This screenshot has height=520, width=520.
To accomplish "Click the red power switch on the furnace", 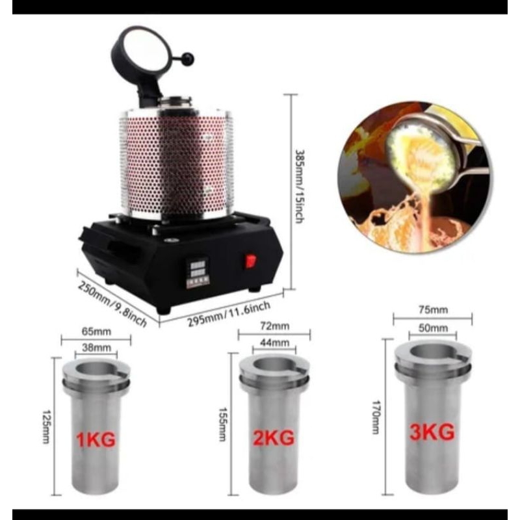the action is pos(251,261).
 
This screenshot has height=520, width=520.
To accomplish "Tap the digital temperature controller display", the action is pos(198,273).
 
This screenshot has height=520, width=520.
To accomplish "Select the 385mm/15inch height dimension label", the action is pos(300,187).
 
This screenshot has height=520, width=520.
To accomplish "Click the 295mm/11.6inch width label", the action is pos(229,314).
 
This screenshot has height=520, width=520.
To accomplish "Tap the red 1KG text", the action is pos(96,439).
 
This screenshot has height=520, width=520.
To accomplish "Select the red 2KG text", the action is pos(274,437).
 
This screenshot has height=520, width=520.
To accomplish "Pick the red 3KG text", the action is pos(432,432).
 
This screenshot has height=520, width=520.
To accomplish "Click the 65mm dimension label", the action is pos(96,331).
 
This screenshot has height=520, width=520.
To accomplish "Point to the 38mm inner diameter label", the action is pos(96,348).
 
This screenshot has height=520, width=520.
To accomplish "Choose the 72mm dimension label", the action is pos(274,326).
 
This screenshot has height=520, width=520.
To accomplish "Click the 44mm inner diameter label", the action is pos(274,343).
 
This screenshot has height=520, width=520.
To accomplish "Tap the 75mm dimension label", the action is pos(433,310).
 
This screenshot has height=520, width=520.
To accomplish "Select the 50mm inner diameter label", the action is pos(433,328).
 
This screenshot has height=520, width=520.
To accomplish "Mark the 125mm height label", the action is pos(45,427).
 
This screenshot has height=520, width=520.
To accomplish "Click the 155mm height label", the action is pos(222,424).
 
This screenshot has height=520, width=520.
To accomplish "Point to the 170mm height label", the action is pos(375,417).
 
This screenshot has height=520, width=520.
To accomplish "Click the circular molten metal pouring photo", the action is pos(415,177).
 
